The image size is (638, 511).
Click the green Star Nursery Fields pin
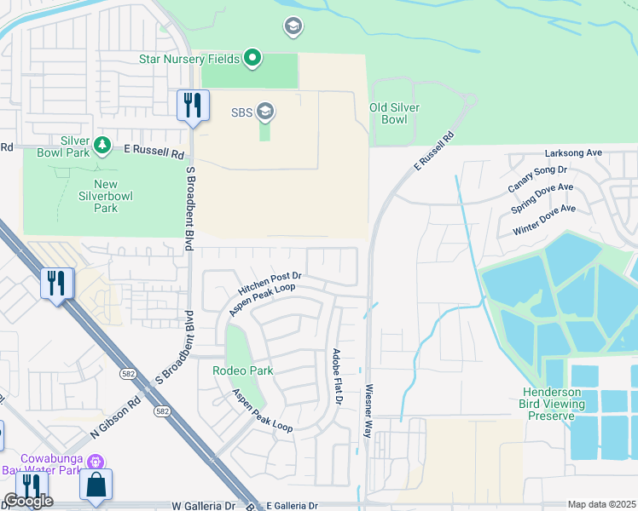(252, 59)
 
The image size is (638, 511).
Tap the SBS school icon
(265, 112)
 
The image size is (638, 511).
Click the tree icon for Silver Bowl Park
(101, 146)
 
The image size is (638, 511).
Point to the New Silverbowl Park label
(94, 196)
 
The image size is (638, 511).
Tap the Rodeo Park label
(242, 371)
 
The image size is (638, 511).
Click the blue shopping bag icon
(96, 485)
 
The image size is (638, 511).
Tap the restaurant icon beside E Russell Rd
(193, 106)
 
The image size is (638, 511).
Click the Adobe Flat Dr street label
(336, 376)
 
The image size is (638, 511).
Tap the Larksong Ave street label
(573, 153)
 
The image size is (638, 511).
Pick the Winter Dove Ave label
(544, 220)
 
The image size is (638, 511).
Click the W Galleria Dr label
(203, 505)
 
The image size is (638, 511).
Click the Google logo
(27, 501)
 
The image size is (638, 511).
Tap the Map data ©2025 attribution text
(601, 504)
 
